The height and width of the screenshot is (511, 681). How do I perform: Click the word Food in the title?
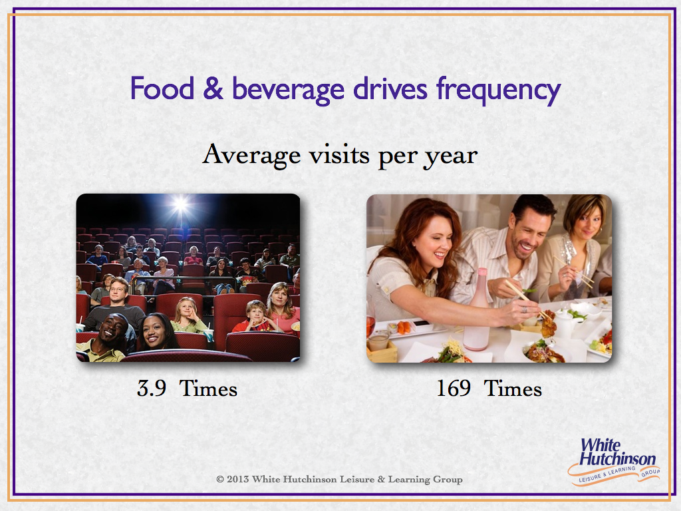pyautogui.click(x=162, y=88)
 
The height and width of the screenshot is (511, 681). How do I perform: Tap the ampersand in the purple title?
pyautogui.click(x=213, y=88)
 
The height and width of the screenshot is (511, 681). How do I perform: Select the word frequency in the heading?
pyautogui.click(x=499, y=91)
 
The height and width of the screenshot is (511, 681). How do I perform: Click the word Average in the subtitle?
pyautogui.click(x=251, y=154)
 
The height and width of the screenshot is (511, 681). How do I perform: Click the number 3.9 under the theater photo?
pyautogui.click(x=152, y=388)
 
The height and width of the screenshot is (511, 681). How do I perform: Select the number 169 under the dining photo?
pyautogui.click(x=454, y=388)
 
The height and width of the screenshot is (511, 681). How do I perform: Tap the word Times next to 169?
pyautogui.click(x=513, y=388)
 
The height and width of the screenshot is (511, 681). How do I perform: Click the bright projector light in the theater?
pyautogui.click(x=180, y=204)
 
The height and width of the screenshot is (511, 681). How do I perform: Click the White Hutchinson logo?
pyautogui.click(x=614, y=462)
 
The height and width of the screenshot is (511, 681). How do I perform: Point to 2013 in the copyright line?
pyautogui.click(x=237, y=479)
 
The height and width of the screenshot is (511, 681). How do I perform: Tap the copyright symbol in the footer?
pyautogui.click(x=219, y=479)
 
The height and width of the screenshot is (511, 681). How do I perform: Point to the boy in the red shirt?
pyautogui.click(x=256, y=317)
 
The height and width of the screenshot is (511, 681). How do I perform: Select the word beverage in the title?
pyautogui.click(x=289, y=90)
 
